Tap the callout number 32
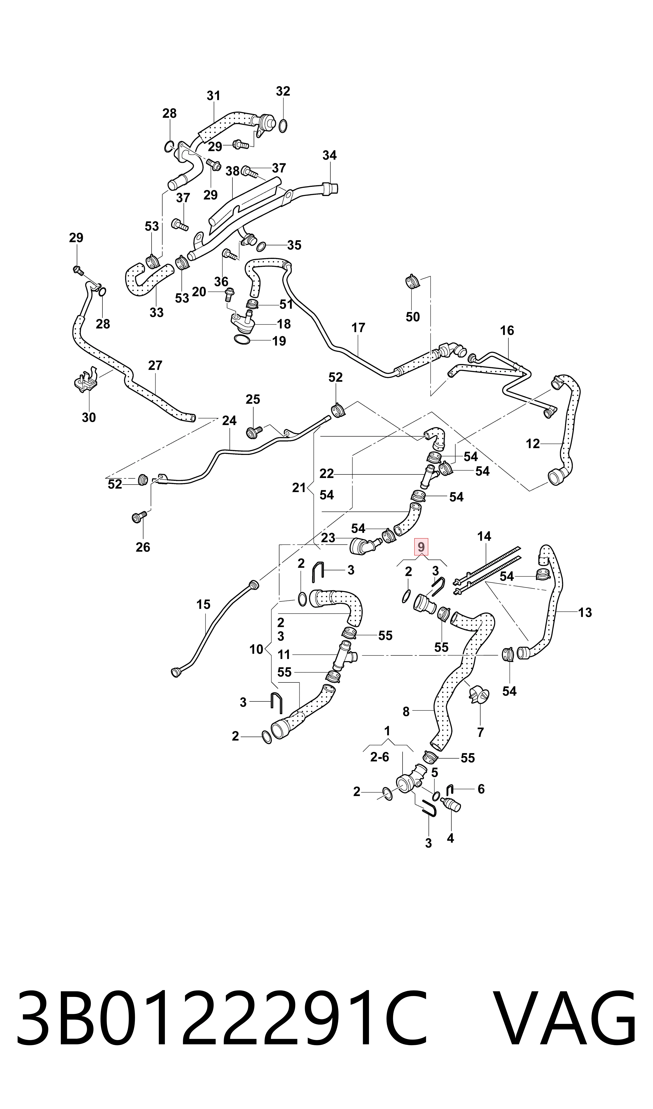click(283, 91)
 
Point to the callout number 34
click(330, 155)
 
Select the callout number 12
click(533, 444)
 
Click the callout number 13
click(585, 612)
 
